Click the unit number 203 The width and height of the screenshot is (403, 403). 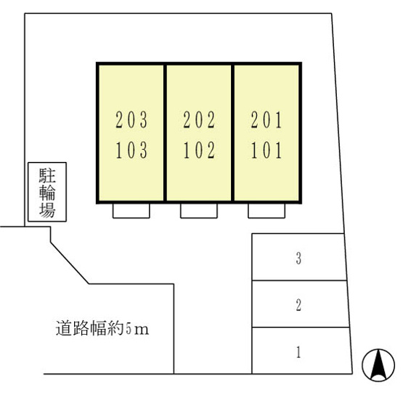(131, 120)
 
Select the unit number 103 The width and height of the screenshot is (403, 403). (131, 150)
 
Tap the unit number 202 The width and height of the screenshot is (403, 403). (199, 120)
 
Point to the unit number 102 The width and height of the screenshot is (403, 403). (199, 150)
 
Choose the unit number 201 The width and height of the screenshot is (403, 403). (266, 120)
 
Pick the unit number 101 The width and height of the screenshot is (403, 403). (266, 150)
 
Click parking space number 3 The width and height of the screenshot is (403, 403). (298, 258)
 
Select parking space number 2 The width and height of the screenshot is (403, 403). (298, 305)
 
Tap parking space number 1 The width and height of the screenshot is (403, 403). (298, 352)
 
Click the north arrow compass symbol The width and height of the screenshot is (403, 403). (378, 365)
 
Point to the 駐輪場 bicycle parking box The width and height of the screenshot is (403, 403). (47, 192)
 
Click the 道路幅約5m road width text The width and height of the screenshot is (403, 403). (102, 328)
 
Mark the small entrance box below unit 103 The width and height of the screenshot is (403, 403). (131, 211)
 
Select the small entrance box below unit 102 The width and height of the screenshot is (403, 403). (199, 211)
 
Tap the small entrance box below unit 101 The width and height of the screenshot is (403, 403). (266, 211)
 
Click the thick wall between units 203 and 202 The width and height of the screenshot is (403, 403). (165, 133)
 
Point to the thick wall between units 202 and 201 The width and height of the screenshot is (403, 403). (232, 133)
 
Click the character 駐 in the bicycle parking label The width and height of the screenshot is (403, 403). (47, 176)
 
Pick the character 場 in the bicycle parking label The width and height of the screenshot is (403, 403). (47, 210)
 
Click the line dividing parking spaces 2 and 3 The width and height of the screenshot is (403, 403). (299, 280)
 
